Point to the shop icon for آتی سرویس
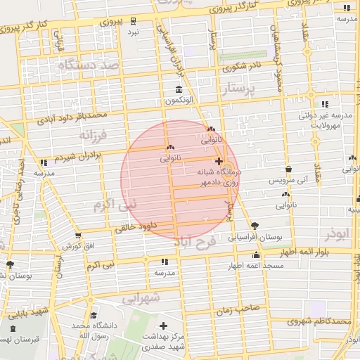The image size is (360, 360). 288,169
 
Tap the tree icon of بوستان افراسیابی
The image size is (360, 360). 254,226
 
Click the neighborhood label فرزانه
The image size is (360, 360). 92,134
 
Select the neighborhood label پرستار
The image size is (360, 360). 241,90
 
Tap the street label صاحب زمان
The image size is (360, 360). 243,307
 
